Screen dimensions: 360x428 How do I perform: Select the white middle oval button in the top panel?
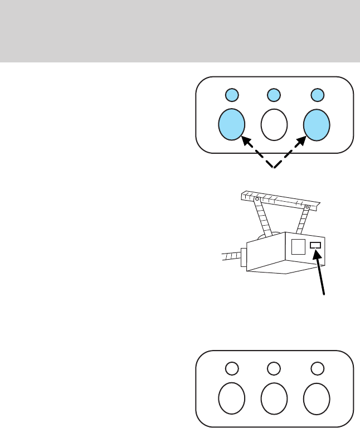(274, 123)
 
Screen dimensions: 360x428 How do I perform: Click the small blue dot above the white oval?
(274, 95)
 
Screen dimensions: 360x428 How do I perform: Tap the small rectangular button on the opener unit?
(315, 245)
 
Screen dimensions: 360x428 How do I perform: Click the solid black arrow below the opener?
(320, 273)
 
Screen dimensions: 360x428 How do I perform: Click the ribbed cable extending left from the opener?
(230, 256)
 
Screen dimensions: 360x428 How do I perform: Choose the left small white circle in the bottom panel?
(232, 368)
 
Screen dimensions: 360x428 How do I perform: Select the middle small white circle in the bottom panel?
(274, 368)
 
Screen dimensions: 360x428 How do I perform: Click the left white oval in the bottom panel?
(232, 398)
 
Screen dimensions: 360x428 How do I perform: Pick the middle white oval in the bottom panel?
(274, 398)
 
